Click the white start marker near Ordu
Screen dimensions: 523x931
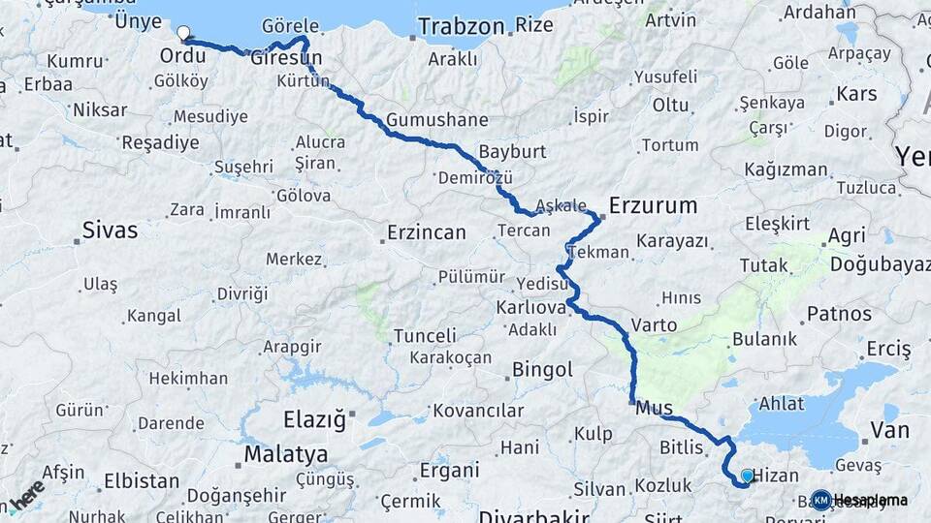182,33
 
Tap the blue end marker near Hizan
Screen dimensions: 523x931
747,476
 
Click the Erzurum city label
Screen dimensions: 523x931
653,205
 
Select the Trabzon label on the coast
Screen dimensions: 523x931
461,26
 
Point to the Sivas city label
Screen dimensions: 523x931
110,231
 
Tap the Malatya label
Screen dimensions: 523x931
285,453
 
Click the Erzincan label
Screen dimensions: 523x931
426,232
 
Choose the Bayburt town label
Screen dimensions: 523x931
513,153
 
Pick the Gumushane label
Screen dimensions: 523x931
436,120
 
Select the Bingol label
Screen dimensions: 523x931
542,369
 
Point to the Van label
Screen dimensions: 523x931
890,430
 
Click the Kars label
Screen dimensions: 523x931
856,94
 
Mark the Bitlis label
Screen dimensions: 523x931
680,447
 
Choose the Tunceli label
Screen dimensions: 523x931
425,336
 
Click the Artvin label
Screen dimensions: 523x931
670,19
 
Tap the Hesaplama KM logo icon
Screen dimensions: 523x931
821,500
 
